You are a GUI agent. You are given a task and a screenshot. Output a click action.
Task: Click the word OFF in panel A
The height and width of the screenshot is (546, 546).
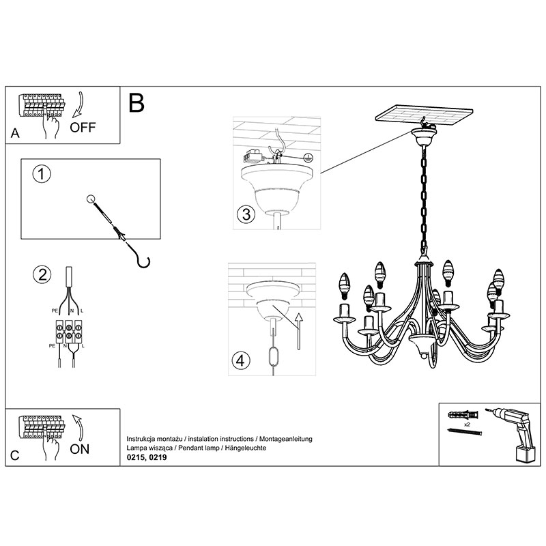(x=83, y=127)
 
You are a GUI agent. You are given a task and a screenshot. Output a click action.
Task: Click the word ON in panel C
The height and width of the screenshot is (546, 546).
(x=81, y=448)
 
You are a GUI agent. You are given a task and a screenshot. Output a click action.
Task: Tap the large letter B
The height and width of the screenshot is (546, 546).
(x=136, y=103)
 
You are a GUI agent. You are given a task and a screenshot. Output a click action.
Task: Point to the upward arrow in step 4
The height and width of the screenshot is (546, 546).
(x=298, y=328)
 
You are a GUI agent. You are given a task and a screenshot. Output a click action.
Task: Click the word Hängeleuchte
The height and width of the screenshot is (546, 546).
(x=251, y=448)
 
